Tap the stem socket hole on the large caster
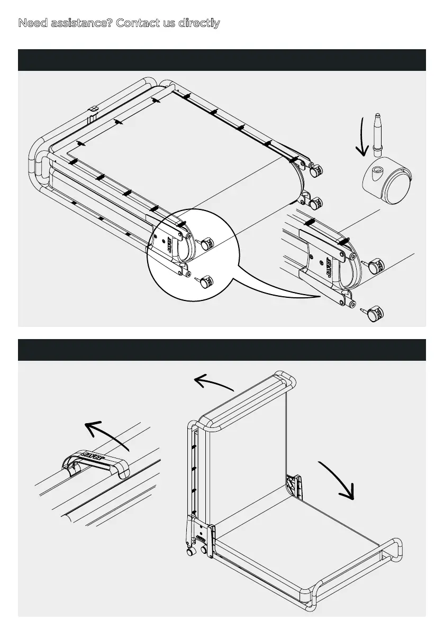tap(376, 170)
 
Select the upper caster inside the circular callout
tap(206, 243)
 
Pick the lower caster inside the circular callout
tap(204, 282)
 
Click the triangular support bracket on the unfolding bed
tap(293, 484)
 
